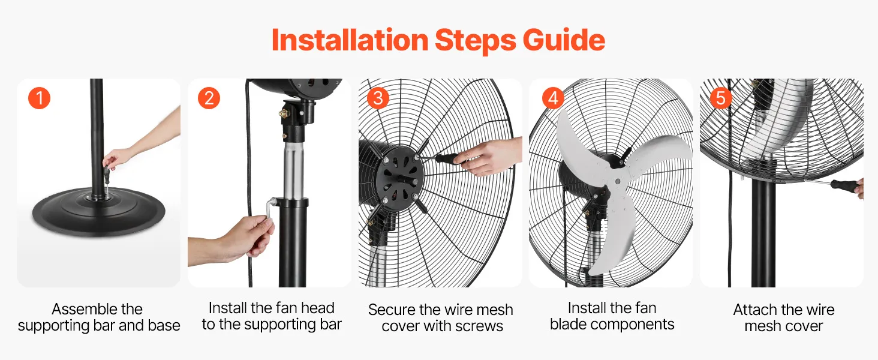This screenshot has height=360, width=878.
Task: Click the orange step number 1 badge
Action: [39, 98]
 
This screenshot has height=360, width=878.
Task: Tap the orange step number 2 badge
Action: [209, 98]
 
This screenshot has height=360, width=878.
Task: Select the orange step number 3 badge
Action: [378, 98]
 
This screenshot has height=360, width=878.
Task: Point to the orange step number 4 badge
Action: [553, 98]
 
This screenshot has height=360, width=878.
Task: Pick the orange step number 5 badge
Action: [721, 98]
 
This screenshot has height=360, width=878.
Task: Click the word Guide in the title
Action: [564, 40]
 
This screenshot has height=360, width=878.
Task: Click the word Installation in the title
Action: [350, 40]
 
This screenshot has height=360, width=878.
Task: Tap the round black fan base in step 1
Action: [98, 212]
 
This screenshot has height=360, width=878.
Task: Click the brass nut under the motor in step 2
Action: [283, 114]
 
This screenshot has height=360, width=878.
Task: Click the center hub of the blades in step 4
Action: [617, 181]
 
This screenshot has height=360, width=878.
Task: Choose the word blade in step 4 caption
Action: [569, 325]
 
